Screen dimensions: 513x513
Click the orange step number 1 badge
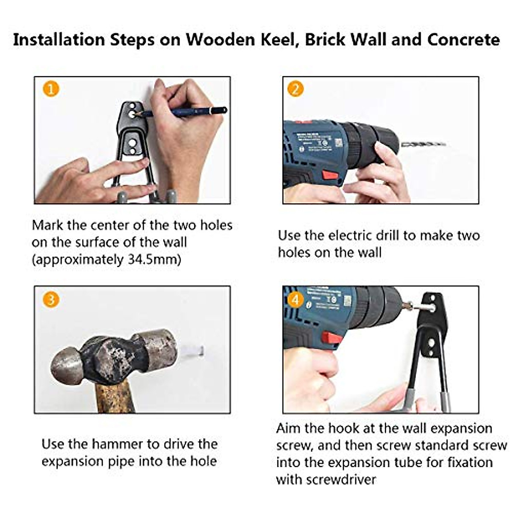coord(51,90)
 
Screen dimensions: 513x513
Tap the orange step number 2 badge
coord(295,89)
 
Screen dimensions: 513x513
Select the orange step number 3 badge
coord(51,299)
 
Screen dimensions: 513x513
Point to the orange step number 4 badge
coord(295,299)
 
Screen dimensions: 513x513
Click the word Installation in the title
coord(59,40)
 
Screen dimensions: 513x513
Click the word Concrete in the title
coord(463,40)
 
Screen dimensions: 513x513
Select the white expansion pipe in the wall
coord(192,351)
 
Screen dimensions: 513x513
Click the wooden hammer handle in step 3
coord(115,395)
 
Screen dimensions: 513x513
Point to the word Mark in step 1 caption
coord(47,225)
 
